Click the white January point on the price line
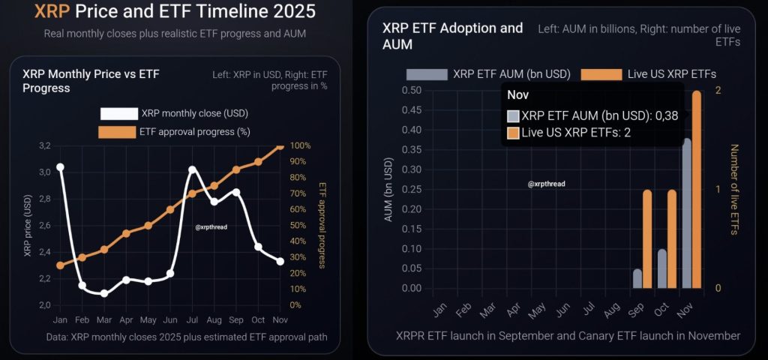60,167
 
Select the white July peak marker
192,169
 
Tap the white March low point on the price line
104,293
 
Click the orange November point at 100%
280,145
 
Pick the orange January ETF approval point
60,265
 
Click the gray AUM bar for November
687,213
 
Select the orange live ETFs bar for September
646,239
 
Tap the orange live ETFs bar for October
672,239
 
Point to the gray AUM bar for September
637,278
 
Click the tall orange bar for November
697,189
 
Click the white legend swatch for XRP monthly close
118,114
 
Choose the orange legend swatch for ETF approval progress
118,132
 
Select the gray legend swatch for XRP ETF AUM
426,74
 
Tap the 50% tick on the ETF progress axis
296,225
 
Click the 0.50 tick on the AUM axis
412,91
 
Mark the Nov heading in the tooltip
518,95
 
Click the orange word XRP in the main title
50,13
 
